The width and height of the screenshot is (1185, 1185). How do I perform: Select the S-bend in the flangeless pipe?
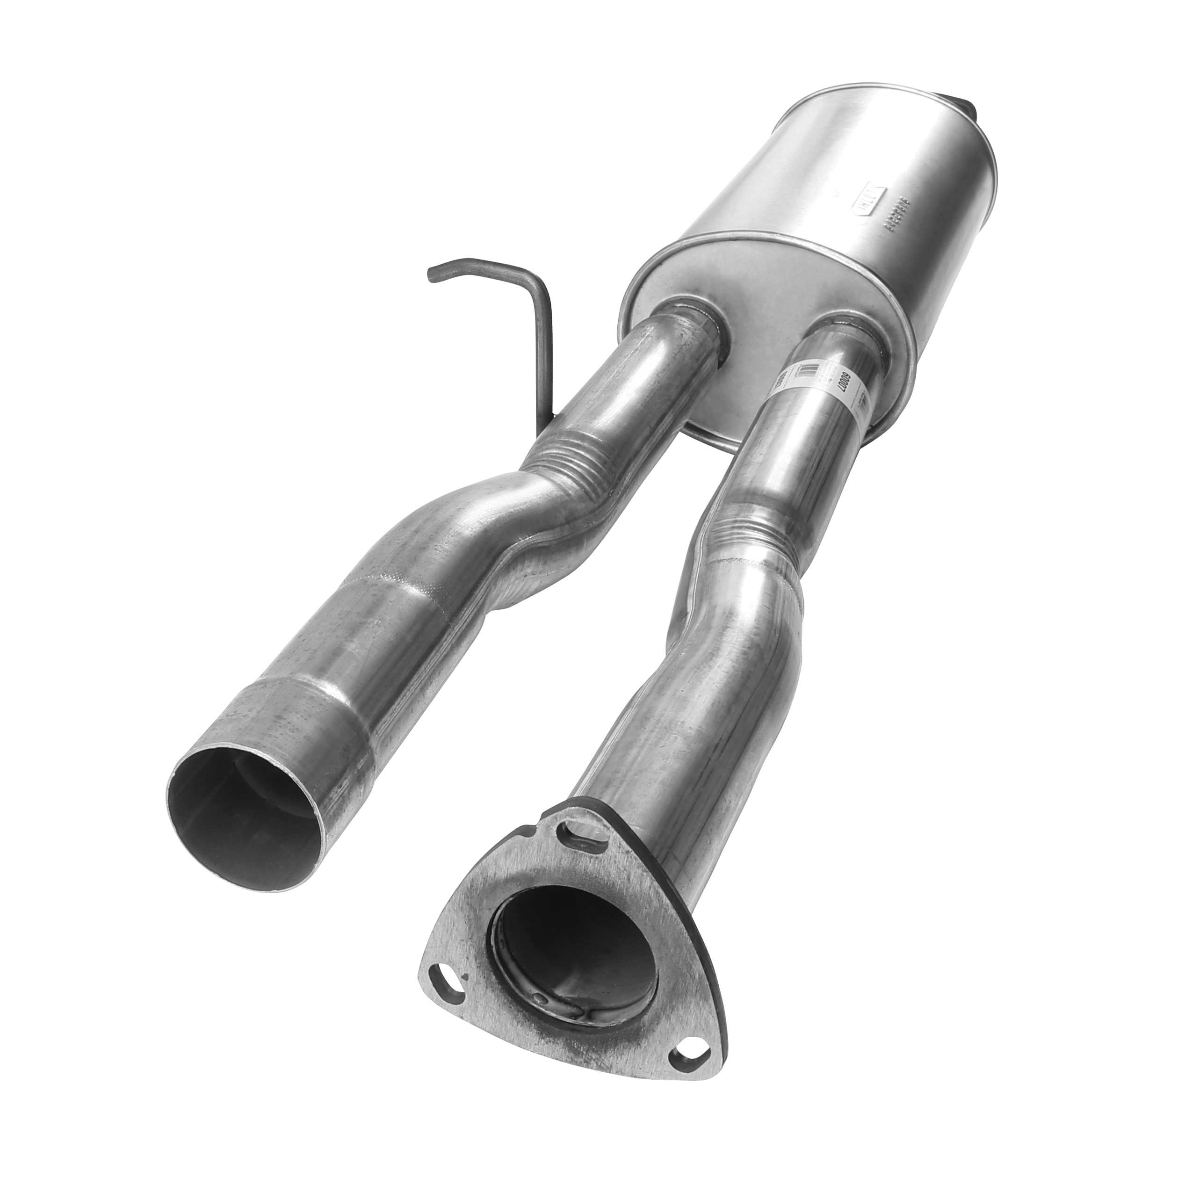click(x=491, y=521)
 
